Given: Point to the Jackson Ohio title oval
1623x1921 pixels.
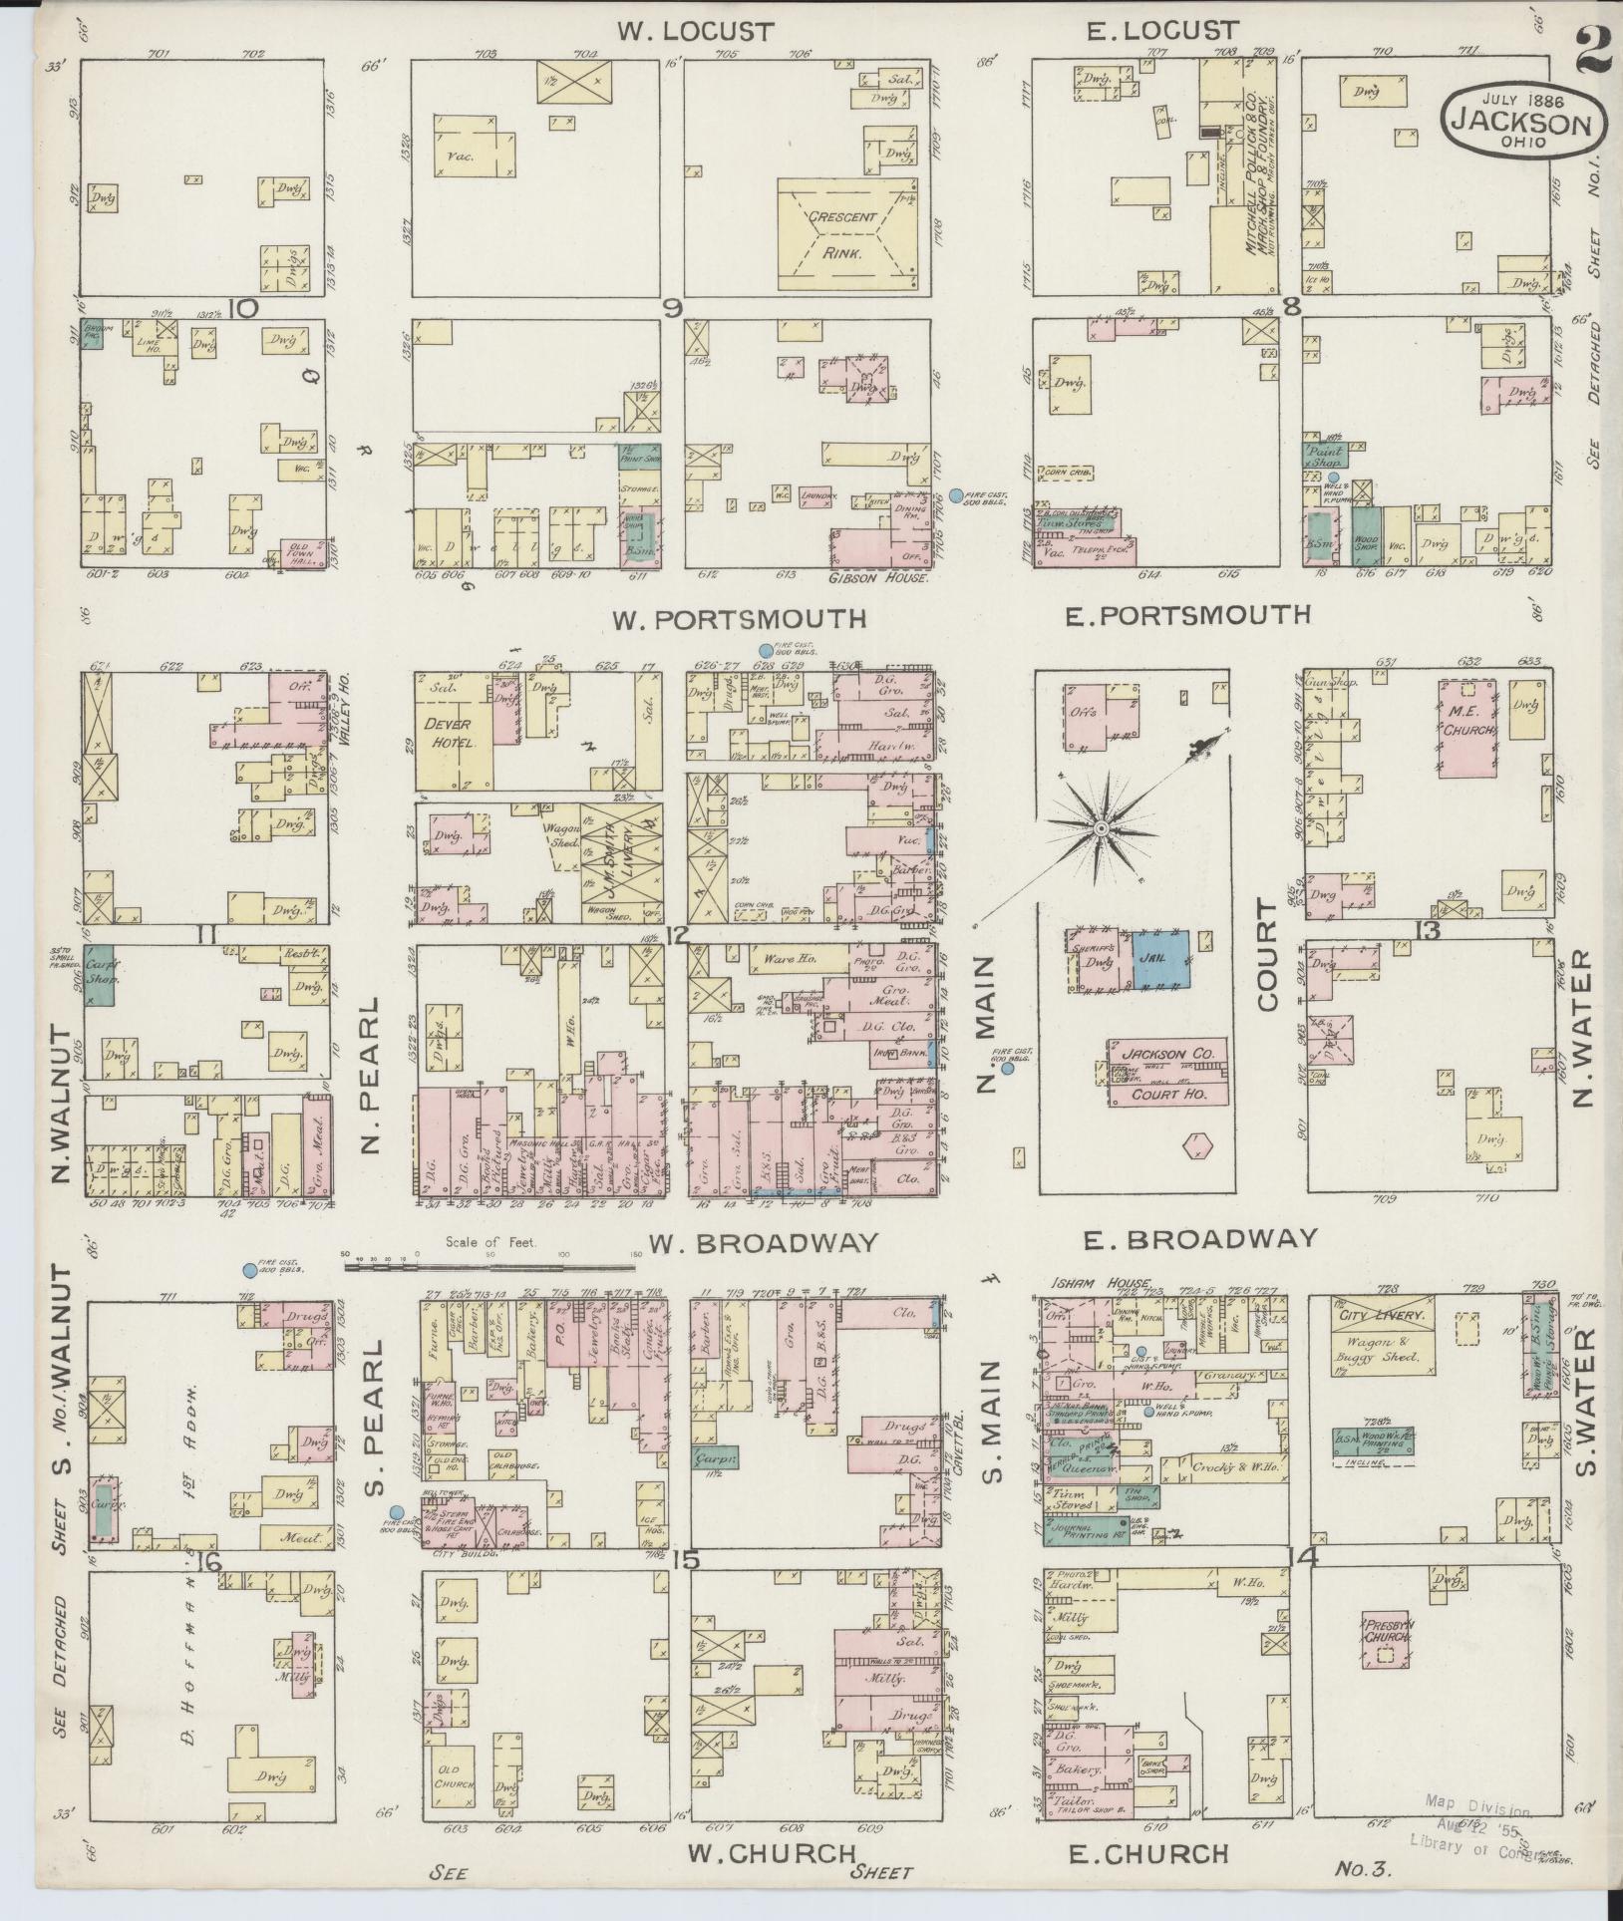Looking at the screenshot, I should [x=1520, y=118].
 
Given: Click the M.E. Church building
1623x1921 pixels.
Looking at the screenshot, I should [x=1469, y=731].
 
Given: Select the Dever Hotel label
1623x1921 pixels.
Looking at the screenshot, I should [x=455, y=732].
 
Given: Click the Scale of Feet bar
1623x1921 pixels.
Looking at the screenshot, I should [x=489, y=1268].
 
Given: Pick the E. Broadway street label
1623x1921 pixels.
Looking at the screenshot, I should [x=1200, y=1239].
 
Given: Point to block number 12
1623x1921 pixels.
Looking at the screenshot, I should [x=679, y=934].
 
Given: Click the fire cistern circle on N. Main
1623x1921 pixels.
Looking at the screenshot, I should [x=1007, y=1068].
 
